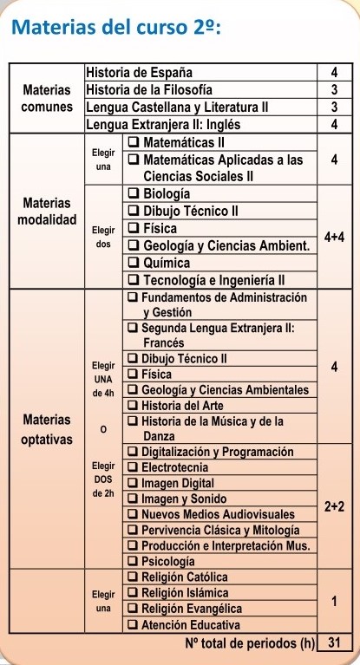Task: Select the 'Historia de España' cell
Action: (140, 71)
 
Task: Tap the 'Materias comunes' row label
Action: (46, 97)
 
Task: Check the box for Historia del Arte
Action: (133, 406)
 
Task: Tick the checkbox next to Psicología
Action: (133, 561)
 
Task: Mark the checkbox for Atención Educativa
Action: (133, 624)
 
